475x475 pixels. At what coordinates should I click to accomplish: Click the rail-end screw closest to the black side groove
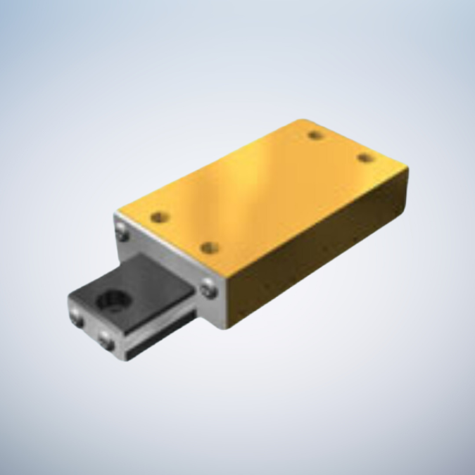pos(107,343)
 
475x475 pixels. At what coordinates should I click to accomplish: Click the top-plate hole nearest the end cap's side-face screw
pos(208,247)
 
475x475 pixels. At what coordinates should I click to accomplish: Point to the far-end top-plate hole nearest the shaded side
pos(364,158)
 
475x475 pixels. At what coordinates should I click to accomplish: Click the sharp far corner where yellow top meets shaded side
pos(406,167)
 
